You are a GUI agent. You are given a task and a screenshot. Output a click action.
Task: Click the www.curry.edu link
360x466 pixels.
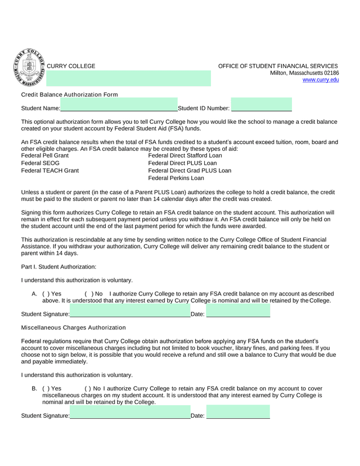pos(321,80)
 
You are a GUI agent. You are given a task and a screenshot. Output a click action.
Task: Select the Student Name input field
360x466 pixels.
pos(119,107)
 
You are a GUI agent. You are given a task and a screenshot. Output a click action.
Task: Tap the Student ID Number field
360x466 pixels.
pos(262,107)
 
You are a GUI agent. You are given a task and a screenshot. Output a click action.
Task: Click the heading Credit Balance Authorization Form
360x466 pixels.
pos(69,95)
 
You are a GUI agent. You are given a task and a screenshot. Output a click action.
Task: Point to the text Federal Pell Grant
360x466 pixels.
pos(44,155)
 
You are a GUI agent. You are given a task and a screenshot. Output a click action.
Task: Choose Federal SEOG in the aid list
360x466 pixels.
pos(40,163)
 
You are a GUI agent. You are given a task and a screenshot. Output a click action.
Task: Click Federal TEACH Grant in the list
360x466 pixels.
pos(49,171)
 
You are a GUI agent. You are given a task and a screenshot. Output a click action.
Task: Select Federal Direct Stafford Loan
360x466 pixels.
pos(185,155)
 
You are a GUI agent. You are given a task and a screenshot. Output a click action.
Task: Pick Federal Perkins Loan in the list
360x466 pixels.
pos(175,178)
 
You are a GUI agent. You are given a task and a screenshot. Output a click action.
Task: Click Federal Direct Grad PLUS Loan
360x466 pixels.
pos(189,171)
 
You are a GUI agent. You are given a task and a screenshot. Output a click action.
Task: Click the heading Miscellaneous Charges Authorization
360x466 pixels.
pos(73,327)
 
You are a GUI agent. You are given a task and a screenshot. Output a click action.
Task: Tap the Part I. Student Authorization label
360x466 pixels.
pos(58,267)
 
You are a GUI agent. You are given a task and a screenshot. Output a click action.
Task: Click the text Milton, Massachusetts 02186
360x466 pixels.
pos(304,73)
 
